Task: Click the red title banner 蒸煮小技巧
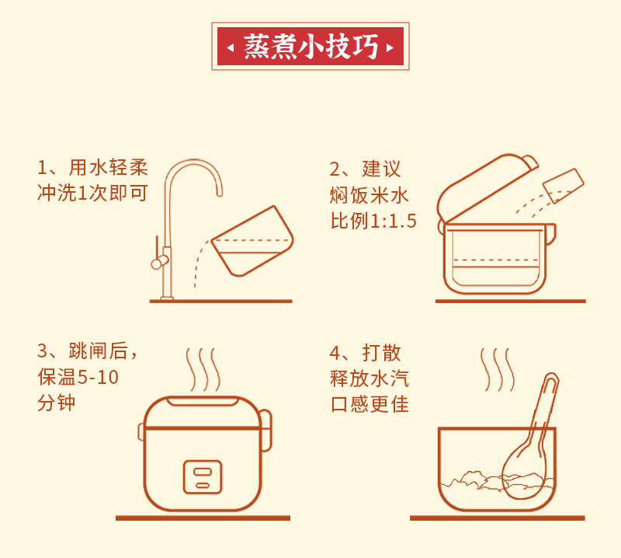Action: [310, 47]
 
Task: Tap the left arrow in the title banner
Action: [230, 48]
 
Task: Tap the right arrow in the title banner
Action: [390, 48]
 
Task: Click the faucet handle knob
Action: [158, 263]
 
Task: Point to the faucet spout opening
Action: [219, 194]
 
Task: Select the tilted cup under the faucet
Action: [253, 241]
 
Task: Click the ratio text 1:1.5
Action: [394, 221]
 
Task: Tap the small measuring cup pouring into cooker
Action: [564, 185]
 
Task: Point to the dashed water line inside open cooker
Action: [495, 260]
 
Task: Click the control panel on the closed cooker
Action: [203, 477]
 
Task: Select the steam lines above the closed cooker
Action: [203, 370]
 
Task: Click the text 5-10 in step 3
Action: [99, 377]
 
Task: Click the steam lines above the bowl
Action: [498, 370]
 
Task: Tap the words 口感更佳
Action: [370, 405]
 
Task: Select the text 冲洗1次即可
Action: [92, 194]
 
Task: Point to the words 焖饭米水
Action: [369, 195]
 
